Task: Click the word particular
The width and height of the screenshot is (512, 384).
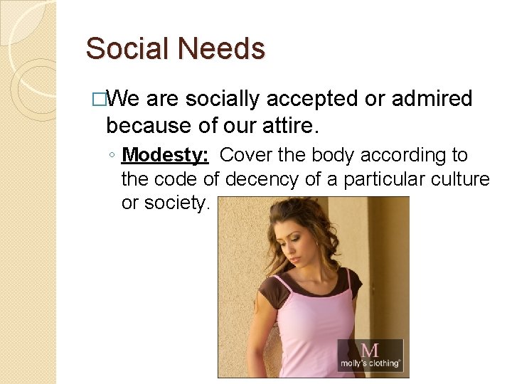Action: pyautogui.click(x=385, y=179)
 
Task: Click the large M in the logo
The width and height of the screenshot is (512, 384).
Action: pyautogui.click(x=370, y=350)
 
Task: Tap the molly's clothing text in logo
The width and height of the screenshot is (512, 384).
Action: pyautogui.click(x=370, y=363)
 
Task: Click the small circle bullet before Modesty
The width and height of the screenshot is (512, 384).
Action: pyautogui.click(x=113, y=156)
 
